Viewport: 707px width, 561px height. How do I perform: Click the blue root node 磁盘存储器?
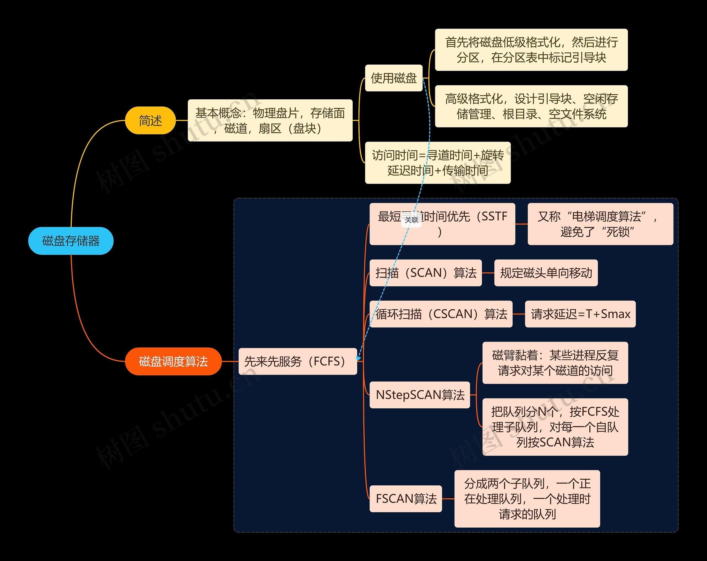[x=71, y=241]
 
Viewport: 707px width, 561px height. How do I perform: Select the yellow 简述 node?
[x=150, y=121]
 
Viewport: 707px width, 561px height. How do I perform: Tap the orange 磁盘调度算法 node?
[x=173, y=361]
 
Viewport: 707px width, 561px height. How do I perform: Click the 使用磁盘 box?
[x=394, y=78]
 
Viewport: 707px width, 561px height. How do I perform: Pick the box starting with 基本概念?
[x=270, y=121]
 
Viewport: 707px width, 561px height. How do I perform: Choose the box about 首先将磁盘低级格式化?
[x=531, y=50]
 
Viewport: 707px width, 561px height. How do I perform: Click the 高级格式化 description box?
[x=531, y=106]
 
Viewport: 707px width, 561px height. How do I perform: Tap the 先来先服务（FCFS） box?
[x=297, y=361]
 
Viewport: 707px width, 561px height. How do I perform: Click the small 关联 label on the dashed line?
[x=411, y=220]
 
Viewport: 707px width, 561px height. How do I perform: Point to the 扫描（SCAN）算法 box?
[x=425, y=273]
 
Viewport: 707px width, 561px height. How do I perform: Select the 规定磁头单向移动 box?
[x=546, y=273]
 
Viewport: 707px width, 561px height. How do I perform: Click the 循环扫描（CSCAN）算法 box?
[x=441, y=314]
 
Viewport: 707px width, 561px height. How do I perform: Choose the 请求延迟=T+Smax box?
[x=580, y=314]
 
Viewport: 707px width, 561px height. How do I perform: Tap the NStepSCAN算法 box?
[x=420, y=395]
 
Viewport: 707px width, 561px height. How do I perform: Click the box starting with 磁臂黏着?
[x=555, y=363]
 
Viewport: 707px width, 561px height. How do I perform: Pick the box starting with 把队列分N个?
[x=555, y=427]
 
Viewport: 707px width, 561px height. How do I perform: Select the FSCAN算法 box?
[x=406, y=499]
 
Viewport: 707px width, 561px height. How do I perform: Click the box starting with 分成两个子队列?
[x=527, y=499]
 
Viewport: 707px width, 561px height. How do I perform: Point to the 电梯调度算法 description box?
[x=600, y=224]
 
